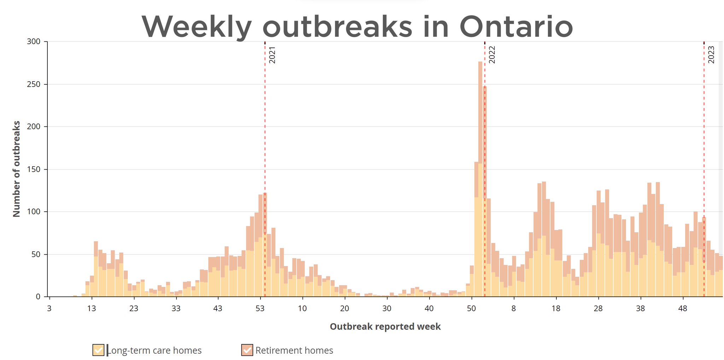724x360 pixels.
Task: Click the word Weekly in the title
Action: [x=197, y=27]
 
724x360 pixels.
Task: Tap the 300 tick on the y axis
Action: [x=34, y=42]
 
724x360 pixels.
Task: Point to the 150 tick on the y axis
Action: [x=34, y=169]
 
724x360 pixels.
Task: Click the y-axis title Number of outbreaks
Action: [x=16, y=169]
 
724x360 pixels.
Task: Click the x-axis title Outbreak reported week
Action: [x=385, y=326]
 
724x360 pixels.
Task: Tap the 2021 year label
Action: [x=272, y=55]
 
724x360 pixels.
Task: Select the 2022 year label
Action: [x=492, y=55]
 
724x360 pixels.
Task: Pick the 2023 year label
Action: [x=711, y=55]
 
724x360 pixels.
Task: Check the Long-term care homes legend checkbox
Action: [x=98, y=350]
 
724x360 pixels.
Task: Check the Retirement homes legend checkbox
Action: [x=247, y=350]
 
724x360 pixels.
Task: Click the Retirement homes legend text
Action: [x=294, y=350]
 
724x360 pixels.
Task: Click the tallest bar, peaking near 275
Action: [x=480, y=177]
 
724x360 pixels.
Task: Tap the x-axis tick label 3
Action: [x=49, y=308]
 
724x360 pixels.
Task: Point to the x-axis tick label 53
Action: [x=260, y=308]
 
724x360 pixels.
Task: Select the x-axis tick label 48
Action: [x=683, y=308]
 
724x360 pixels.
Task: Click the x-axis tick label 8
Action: [x=514, y=308]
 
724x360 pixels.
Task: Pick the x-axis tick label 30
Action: [x=387, y=308]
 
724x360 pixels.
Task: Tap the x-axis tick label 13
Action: [x=91, y=308]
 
